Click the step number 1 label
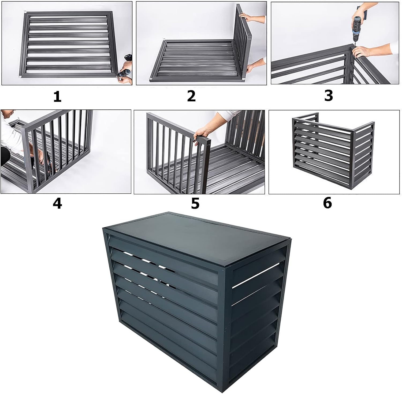pyautogui.click(x=57, y=97)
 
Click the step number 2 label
pyautogui.click(x=191, y=96)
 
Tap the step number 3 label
pyautogui.click(x=329, y=96)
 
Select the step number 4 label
pyautogui.click(x=57, y=204)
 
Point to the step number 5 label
pyautogui.click(x=195, y=204)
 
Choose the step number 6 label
pyautogui.click(x=327, y=203)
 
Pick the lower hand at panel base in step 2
pyautogui.click(x=252, y=68)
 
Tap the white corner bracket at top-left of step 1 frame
pyautogui.click(x=25, y=12)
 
